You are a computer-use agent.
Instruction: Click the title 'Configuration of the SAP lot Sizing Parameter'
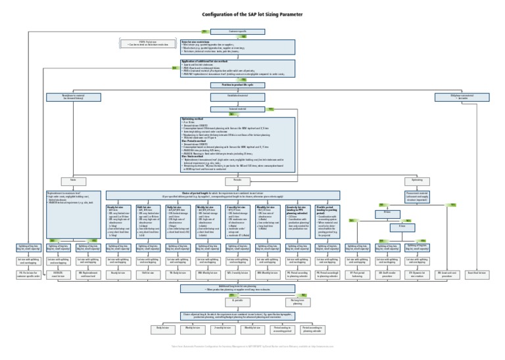click(252, 14)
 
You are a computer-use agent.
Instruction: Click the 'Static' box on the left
click(64, 179)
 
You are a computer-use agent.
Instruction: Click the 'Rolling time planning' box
click(297, 303)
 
